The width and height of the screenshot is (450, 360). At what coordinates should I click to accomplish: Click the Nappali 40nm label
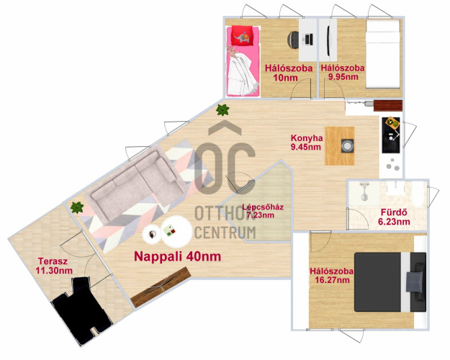(178, 256)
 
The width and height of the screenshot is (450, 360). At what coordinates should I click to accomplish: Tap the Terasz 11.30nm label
(54, 266)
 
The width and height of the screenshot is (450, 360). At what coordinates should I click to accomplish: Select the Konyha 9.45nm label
(307, 143)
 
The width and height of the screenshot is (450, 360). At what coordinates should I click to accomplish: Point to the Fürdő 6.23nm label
(394, 217)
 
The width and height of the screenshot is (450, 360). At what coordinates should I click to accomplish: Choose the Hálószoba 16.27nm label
(332, 276)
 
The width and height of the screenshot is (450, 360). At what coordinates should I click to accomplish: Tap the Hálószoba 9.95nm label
(343, 72)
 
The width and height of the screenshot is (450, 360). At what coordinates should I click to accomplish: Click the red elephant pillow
(242, 35)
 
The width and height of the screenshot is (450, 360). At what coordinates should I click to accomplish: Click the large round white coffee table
(176, 231)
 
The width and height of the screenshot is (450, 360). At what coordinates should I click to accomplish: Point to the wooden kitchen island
(340, 146)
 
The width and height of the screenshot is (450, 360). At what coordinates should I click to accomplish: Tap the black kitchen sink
(391, 135)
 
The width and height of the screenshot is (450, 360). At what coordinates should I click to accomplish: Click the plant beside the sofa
(77, 207)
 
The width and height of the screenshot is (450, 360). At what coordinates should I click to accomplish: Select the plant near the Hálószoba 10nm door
(222, 109)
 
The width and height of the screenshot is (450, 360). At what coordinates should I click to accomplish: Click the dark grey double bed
(390, 282)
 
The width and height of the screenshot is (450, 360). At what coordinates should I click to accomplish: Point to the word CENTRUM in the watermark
(225, 233)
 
